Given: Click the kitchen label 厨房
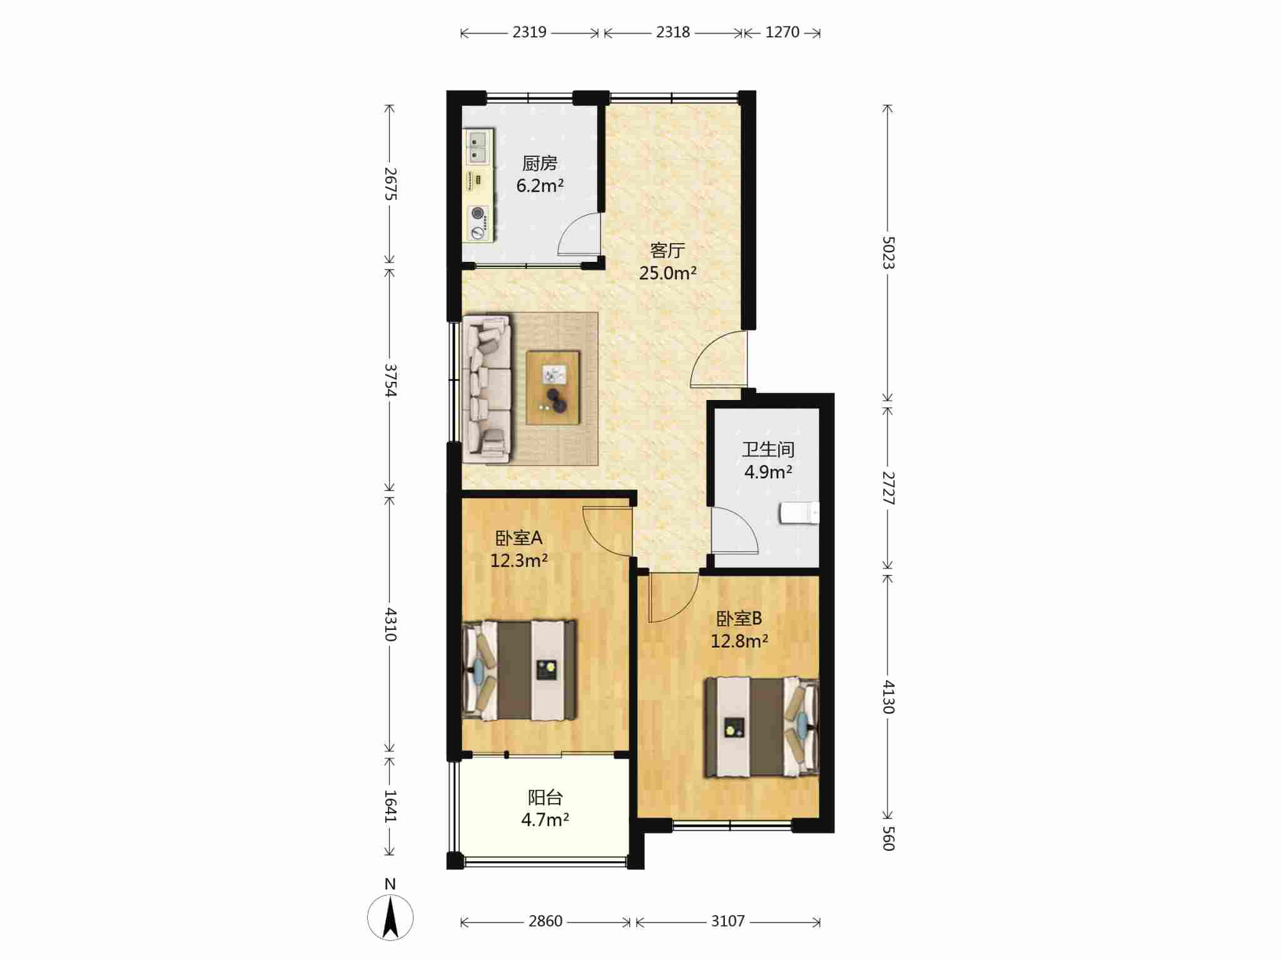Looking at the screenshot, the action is pos(539,164).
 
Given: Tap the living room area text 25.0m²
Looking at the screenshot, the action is pos(667,273).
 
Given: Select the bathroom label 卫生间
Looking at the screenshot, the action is pos(768,449).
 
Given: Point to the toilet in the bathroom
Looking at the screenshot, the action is pos(799,512).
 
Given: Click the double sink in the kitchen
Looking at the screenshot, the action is pos(477,146).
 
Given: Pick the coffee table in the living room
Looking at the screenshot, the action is pos(553,388).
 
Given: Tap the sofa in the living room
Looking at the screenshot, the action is pos(486,389).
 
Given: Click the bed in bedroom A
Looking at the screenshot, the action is pos(519,670).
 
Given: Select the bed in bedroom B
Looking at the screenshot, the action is pos(761,727).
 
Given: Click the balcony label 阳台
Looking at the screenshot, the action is pos(545,797).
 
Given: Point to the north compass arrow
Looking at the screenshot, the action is pos(390,917).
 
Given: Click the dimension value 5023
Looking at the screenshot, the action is pos(888,252).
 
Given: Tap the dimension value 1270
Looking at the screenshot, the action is pos(782,32).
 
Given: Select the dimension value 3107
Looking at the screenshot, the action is pos(728,921).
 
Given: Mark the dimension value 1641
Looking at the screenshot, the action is pos(390,806).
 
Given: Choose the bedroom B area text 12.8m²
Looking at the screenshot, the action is pos(739,641).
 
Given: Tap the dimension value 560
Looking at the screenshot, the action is pos(888,838).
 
